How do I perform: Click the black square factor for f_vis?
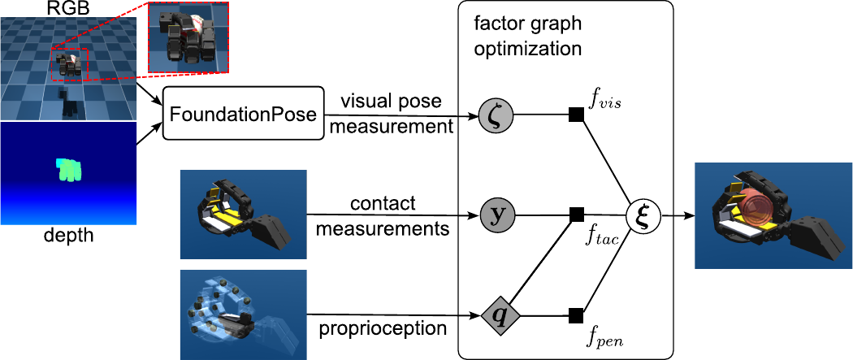click(x=576, y=115)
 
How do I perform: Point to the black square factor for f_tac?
click(x=576, y=215)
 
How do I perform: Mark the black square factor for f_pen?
click(x=576, y=314)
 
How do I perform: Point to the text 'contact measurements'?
click(x=382, y=216)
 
